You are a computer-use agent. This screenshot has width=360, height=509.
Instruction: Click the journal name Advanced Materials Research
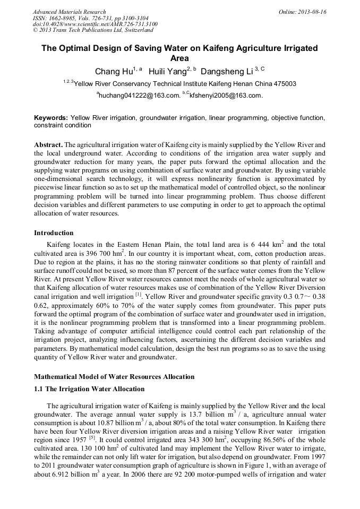coord(69,12)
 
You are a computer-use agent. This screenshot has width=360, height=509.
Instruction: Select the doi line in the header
coord(95,24)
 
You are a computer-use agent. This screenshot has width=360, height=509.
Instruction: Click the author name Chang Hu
coord(114,72)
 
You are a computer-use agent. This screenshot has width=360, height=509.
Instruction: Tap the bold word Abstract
coord(48,144)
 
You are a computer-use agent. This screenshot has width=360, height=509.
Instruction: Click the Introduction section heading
coord(54,232)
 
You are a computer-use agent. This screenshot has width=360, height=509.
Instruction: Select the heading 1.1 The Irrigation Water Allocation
coord(89,389)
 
